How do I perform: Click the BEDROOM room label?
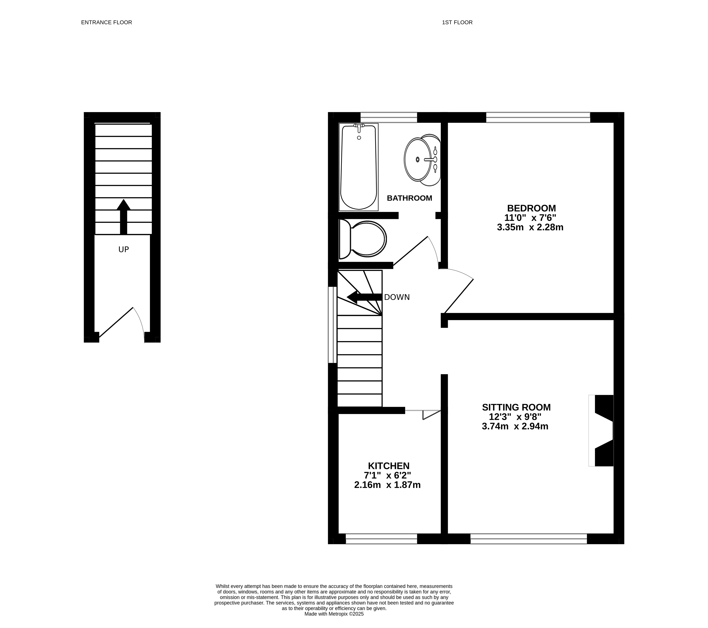point(531,208)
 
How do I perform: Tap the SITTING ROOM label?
point(516,407)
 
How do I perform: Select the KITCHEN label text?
point(389,466)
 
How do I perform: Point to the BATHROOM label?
point(409,198)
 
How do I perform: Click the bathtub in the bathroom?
point(359,167)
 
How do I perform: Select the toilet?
point(363,239)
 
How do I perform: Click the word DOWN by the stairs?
point(397,297)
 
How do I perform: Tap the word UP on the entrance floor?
point(124,249)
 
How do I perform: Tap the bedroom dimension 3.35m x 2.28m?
point(530,227)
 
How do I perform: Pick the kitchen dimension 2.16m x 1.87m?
point(387,485)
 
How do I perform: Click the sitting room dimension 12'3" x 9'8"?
point(515,417)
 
